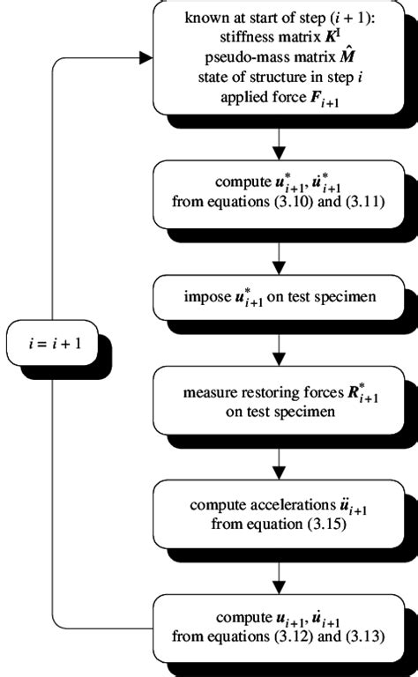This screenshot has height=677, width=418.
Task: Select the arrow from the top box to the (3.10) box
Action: click(x=279, y=144)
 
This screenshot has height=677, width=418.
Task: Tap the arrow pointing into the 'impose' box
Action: click(x=279, y=259)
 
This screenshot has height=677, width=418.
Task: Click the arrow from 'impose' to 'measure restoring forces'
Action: click(x=279, y=347)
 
